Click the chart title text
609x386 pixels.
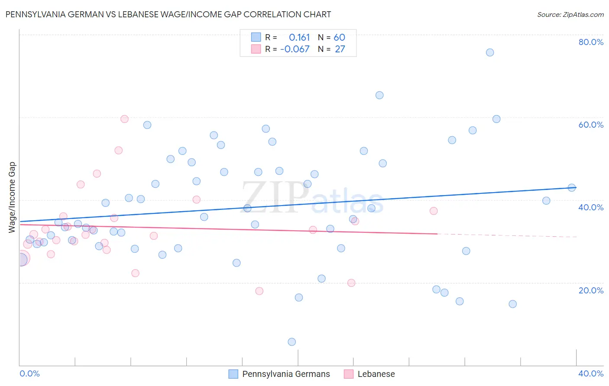coord(168,14)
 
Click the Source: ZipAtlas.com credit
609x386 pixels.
coord(570,15)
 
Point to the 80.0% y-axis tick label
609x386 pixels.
coord(591,42)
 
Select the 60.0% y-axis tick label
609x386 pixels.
coord(591,125)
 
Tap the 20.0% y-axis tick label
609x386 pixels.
coord(591,290)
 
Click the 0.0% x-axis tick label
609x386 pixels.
coord(29,373)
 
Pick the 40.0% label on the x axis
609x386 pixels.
coord(591,373)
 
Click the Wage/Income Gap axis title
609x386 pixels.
coord(12,197)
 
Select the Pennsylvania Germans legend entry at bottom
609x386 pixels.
coord(286,374)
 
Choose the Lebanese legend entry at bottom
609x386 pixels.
coord(376,374)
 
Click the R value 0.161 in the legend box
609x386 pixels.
coord(299,38)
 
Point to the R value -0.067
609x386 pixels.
coord(295,49)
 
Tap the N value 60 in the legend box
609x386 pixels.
coord(339,38)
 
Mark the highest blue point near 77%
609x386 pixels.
coord(490,52)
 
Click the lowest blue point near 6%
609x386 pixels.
coord(292,342)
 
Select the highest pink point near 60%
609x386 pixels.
coord(124,119)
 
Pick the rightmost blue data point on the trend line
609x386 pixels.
coord(572,188)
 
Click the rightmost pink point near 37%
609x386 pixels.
coord(434,211)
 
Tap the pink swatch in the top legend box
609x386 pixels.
coord(256,49)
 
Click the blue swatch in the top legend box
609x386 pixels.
coord(256,37)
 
